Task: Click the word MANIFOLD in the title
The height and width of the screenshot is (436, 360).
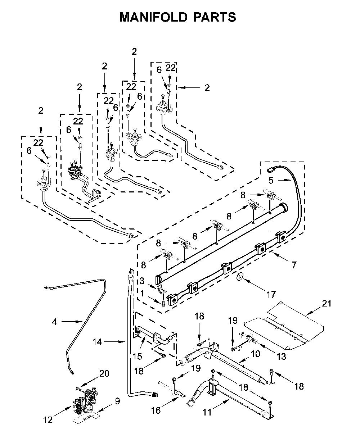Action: click(x=153, y=17)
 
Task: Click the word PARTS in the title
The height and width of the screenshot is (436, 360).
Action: click(x=215, y=17)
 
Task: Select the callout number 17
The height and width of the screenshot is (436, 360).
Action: click(x=271, y=295)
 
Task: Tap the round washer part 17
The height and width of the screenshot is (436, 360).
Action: click(x=240, y=277)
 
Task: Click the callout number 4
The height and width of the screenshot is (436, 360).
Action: click(x=54, y=322)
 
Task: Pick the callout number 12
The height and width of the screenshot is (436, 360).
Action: click(x=48, y=420)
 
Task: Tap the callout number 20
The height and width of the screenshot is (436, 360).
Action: click(x=104, y=373)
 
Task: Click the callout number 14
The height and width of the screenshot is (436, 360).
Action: click(x=97, y=342)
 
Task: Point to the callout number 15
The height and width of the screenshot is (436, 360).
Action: click(x=137, y=356)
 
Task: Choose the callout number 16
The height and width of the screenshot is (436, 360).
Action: click(x=156, y=410)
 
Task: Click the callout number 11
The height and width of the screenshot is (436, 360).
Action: click(x=207, y=412)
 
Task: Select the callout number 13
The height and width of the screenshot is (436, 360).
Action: click(x=281, y=356)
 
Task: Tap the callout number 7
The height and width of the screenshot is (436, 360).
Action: click(x=294, y=265)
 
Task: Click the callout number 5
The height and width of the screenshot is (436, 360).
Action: click(x=271, y=181)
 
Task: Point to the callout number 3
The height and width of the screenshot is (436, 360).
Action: click(x=142, y=281)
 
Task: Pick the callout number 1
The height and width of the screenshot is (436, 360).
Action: click(x=142, y=294)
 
